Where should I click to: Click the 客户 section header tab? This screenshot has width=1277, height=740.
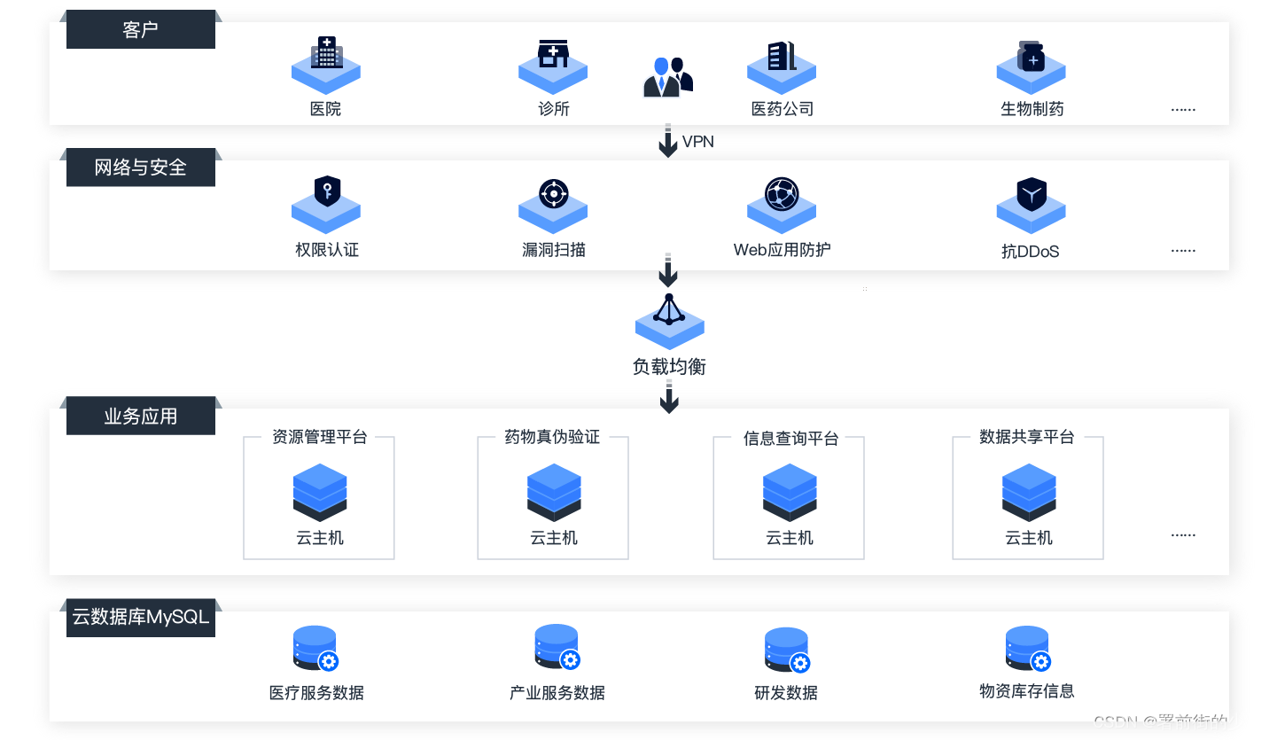[140, 30]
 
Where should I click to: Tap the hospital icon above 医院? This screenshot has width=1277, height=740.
[326, 62]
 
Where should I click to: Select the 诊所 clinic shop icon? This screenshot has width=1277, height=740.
[553, 61]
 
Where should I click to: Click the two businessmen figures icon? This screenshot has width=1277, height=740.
[667, 77]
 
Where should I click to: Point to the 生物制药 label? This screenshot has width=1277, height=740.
[1032, 109]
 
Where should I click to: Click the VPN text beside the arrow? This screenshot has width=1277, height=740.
[697, 142]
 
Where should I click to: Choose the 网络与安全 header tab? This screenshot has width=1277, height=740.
[140, 167]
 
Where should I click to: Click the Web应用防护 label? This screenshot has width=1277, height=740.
[782, 250]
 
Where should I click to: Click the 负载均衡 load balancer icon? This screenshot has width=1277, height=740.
[669, 321]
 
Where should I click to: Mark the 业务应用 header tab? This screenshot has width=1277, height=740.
[140, 416]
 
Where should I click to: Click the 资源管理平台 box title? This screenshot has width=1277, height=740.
[319, 437]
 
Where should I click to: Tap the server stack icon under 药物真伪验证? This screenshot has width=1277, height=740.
[554, 492]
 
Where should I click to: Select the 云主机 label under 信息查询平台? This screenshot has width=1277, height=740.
[789, 538]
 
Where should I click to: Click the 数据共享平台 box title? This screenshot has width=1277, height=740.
[1027, 437]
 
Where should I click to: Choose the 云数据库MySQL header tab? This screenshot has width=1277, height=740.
[140, 617]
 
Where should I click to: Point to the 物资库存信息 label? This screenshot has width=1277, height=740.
[1026, 691]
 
